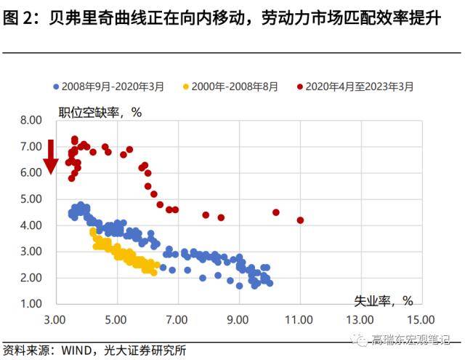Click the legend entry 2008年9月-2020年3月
(113, 87)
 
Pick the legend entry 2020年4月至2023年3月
(359, 87)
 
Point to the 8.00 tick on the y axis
(32, 120)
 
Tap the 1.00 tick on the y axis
(32, 304)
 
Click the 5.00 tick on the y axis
(32, 199)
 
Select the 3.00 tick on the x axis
(54, 319)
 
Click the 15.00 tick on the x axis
(421, 319)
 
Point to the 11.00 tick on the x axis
(299, 319)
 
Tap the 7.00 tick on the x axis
(177, 319)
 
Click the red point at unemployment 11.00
(300, 220)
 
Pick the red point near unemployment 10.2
(276, 212)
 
